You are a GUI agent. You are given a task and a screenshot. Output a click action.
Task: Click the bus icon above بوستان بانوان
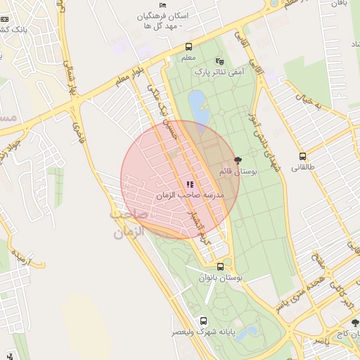coord(221,266)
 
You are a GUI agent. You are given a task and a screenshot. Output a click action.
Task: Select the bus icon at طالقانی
coord(302,156)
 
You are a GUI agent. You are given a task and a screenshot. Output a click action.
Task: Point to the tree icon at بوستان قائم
coord(237,160)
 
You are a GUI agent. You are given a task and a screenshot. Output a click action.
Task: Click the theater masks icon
coord(219,61)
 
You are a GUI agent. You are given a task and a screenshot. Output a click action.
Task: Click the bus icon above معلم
coord(187,49)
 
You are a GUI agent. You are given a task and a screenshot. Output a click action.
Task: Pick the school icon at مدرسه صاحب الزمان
coord(190,184)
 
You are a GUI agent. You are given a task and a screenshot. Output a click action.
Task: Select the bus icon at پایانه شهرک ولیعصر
coord(204,321)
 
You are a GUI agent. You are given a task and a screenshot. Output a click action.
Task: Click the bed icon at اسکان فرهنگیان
coord(163,6)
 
